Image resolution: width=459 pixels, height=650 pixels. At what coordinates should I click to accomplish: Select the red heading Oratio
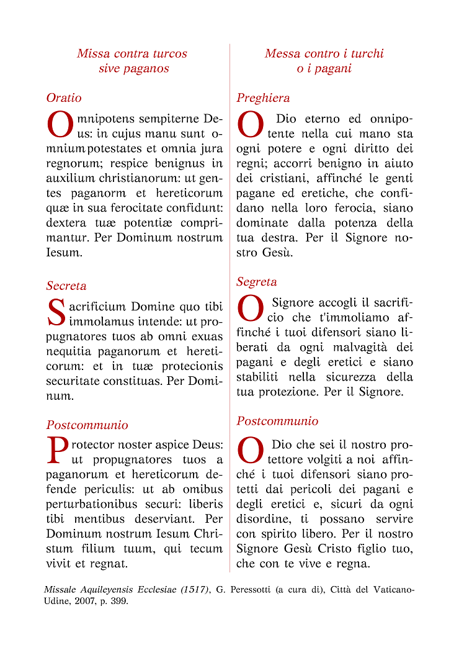tap(64, 98)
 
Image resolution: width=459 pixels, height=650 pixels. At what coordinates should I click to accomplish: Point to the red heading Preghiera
tap(263, 98)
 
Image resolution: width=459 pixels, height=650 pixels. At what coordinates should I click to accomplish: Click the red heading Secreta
tap(66, 286)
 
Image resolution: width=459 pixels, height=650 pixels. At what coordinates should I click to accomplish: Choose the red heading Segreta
tap(257, 282)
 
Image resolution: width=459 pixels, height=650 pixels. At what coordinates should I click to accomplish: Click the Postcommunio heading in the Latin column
tap(87, 425)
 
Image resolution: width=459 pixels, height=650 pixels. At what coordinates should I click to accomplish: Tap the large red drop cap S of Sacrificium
tap(56, 313)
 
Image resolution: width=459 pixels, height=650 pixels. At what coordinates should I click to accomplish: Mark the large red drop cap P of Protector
tap(57, 451)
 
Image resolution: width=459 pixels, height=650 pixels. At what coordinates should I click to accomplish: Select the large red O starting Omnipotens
tap(61, 125)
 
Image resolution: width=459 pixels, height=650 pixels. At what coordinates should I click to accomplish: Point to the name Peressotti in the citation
tap(247, 590)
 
